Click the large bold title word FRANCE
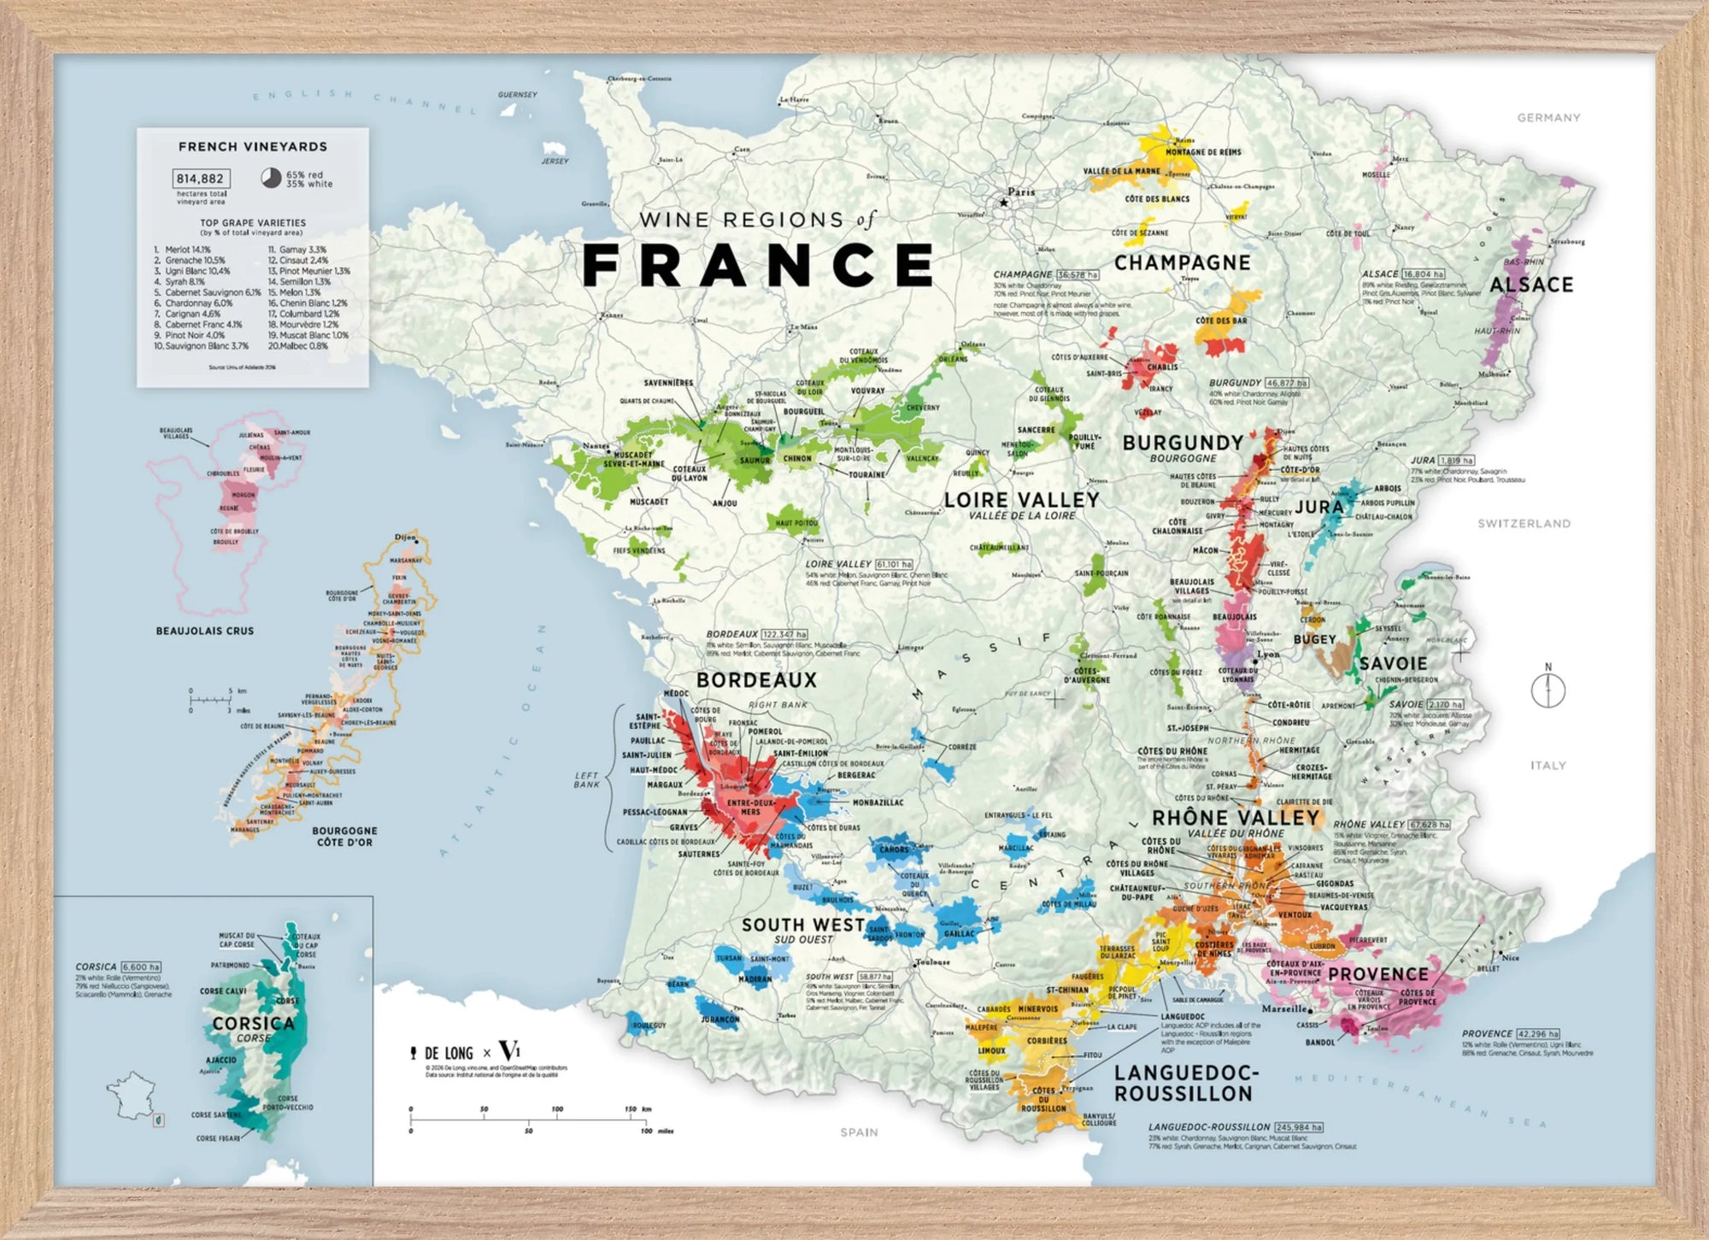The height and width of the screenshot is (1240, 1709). pos(758,265)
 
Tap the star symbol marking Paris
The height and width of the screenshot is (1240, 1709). pos(1004,203)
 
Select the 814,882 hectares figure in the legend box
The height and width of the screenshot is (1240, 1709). pos(200,179)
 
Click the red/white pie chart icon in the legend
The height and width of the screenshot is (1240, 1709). pos(271,178)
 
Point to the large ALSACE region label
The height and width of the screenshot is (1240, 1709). pos(1530,285)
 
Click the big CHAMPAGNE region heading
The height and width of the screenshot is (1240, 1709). pos(1182,263)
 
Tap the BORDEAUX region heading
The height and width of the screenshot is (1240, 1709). pos(756,680)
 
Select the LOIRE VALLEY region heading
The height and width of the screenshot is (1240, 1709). pos(1021,500)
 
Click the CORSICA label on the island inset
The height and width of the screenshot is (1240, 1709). pos(253,1024)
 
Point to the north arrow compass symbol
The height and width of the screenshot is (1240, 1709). pos(1547,690)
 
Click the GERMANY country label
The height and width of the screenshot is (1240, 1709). pos(1548,118)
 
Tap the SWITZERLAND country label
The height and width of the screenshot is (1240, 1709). pos(1524,523)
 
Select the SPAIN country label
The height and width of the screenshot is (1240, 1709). pos(859,1132)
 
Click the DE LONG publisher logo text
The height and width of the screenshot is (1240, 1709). pos(448,1054)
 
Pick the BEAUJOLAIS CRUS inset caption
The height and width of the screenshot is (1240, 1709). pos(205,631)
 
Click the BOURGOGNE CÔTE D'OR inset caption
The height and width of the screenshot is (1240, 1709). pos(344,837)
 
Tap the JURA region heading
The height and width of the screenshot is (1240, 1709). pos(1318,507)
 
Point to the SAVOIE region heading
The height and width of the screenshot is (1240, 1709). pos(1393,664)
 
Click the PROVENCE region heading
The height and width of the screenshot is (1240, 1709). pos(1377,974)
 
